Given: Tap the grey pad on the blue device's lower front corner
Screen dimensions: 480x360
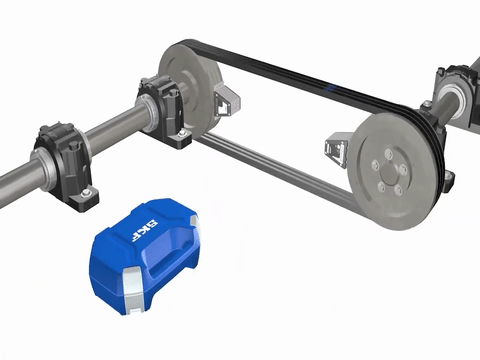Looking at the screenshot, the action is pos(134,290).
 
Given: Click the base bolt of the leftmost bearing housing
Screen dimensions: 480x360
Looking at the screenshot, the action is pos(86,193).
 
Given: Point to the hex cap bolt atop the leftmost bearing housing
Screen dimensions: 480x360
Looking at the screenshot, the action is pos(73,147).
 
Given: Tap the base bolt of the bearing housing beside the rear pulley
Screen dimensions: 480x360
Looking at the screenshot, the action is pos(182,134).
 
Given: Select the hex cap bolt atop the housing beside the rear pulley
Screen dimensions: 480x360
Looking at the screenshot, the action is pos(172,93).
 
